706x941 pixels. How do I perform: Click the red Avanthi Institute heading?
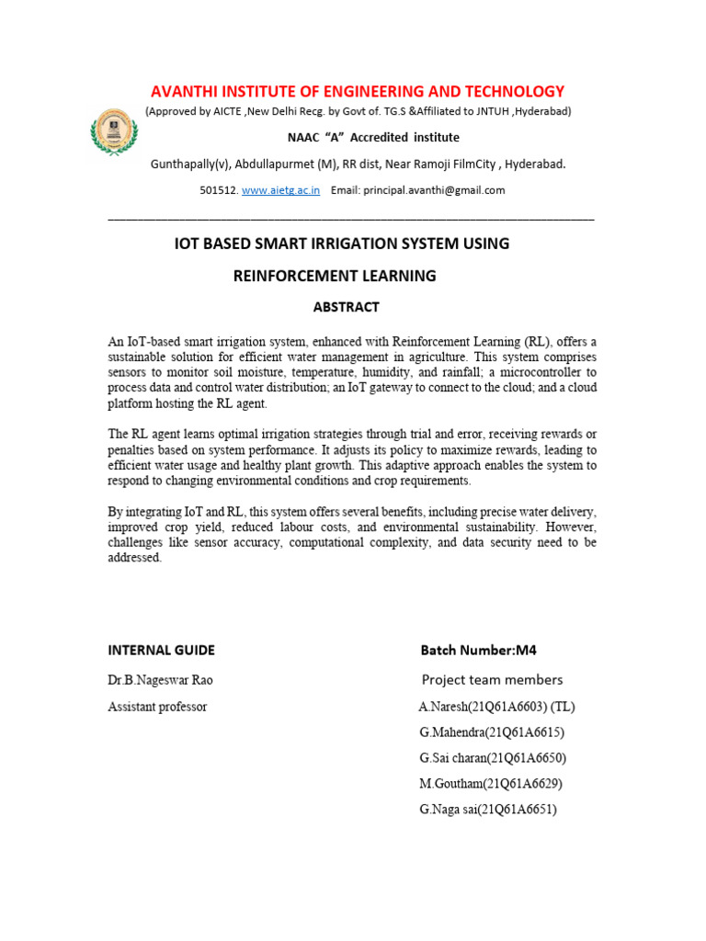[358, 91]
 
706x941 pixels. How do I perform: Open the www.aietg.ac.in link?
[280, 190]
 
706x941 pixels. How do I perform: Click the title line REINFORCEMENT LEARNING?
[335, 276]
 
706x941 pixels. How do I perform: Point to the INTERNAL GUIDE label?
[161, 650]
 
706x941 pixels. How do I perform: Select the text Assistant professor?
[157, 707]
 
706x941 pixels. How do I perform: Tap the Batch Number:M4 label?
[478, 650]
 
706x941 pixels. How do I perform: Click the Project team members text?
[492, 680]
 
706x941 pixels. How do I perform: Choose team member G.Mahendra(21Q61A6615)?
[492, 732]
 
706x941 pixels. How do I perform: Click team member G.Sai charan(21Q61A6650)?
[493, 758]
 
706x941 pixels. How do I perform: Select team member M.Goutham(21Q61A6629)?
[490, 784]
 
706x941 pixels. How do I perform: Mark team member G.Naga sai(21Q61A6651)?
[488, 810]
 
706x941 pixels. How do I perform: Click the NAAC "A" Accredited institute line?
[373, 138]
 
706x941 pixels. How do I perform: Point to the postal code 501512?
[218, 190]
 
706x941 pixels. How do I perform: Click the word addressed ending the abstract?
[134, 558]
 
